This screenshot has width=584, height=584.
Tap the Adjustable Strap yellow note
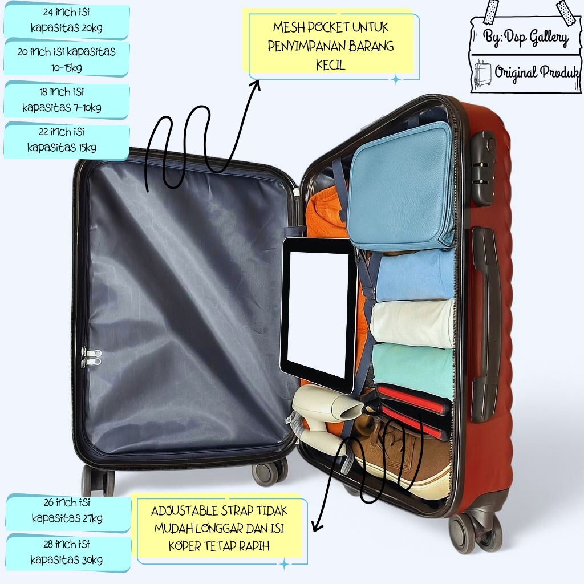220,528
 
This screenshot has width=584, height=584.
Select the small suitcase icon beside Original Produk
482,72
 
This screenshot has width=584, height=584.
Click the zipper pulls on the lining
91,358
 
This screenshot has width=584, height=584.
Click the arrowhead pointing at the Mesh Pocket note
255,86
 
